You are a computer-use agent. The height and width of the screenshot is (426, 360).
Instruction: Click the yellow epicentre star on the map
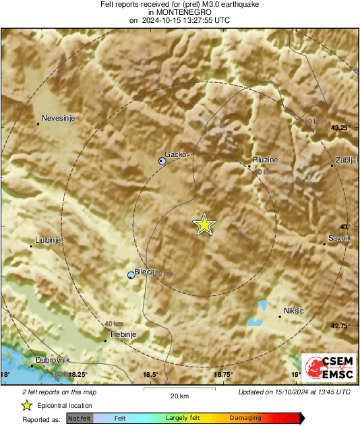pos(204,224)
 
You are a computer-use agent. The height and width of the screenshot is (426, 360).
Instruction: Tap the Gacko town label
pos(175,154)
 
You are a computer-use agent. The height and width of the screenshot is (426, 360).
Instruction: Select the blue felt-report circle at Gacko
pos(162,161)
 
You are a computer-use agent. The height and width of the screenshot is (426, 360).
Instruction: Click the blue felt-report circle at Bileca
pos(131,274)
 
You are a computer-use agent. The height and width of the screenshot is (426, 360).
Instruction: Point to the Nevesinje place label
pos(57,119)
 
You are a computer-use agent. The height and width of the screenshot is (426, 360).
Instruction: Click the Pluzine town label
pos(265,160)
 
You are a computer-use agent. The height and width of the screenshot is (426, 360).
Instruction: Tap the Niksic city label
pos(294,311)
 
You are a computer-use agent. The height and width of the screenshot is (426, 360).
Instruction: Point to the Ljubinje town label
pos(48,241)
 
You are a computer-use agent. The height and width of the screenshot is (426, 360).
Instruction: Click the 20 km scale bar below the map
pos(179,389)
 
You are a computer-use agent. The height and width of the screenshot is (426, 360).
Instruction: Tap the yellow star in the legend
pos(26,405)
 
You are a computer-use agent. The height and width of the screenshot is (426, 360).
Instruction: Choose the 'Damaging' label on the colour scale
pos(245,418)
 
